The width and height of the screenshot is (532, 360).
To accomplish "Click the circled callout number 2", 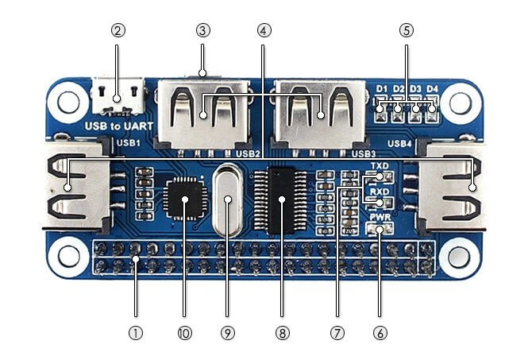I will point(118,31).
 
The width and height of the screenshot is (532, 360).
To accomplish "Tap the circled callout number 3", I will point(202,31).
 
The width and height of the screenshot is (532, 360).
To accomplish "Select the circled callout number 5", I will point(407,31).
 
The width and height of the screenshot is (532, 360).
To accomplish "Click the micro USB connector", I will point(117,96).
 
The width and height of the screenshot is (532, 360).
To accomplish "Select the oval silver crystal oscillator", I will point(229,200).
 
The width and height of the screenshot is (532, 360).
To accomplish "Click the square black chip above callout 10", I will point(186,197).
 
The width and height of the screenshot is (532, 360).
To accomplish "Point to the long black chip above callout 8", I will point(280,199).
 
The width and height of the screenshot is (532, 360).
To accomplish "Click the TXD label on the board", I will point(379,165).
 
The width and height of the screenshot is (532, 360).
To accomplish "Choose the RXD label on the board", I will point(379,192).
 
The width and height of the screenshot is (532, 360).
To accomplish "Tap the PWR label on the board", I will point(379,216).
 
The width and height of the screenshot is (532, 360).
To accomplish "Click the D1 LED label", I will point(382,88).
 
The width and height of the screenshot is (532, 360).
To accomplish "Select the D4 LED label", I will point(432,88).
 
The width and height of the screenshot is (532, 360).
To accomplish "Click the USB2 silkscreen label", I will point(249,153).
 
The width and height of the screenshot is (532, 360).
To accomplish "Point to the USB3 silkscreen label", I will point(363,153).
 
